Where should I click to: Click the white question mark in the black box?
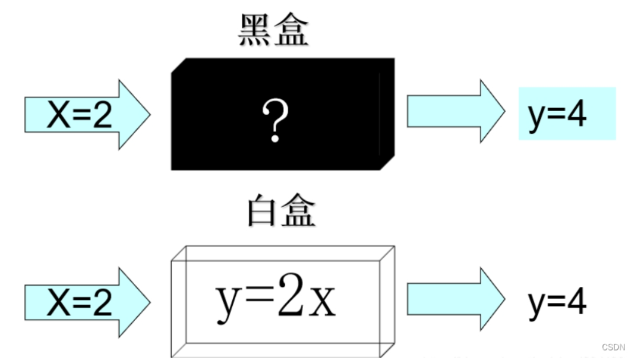point(274,120)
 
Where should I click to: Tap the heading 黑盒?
point(274,31)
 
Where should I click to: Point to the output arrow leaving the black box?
point(455,112)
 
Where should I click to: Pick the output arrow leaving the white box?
point(455,299)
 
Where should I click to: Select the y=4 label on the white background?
point(557,302)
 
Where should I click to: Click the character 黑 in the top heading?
point(255,31)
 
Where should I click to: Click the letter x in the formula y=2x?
point(324,302)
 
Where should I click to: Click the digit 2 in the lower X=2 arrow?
point(102,303)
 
